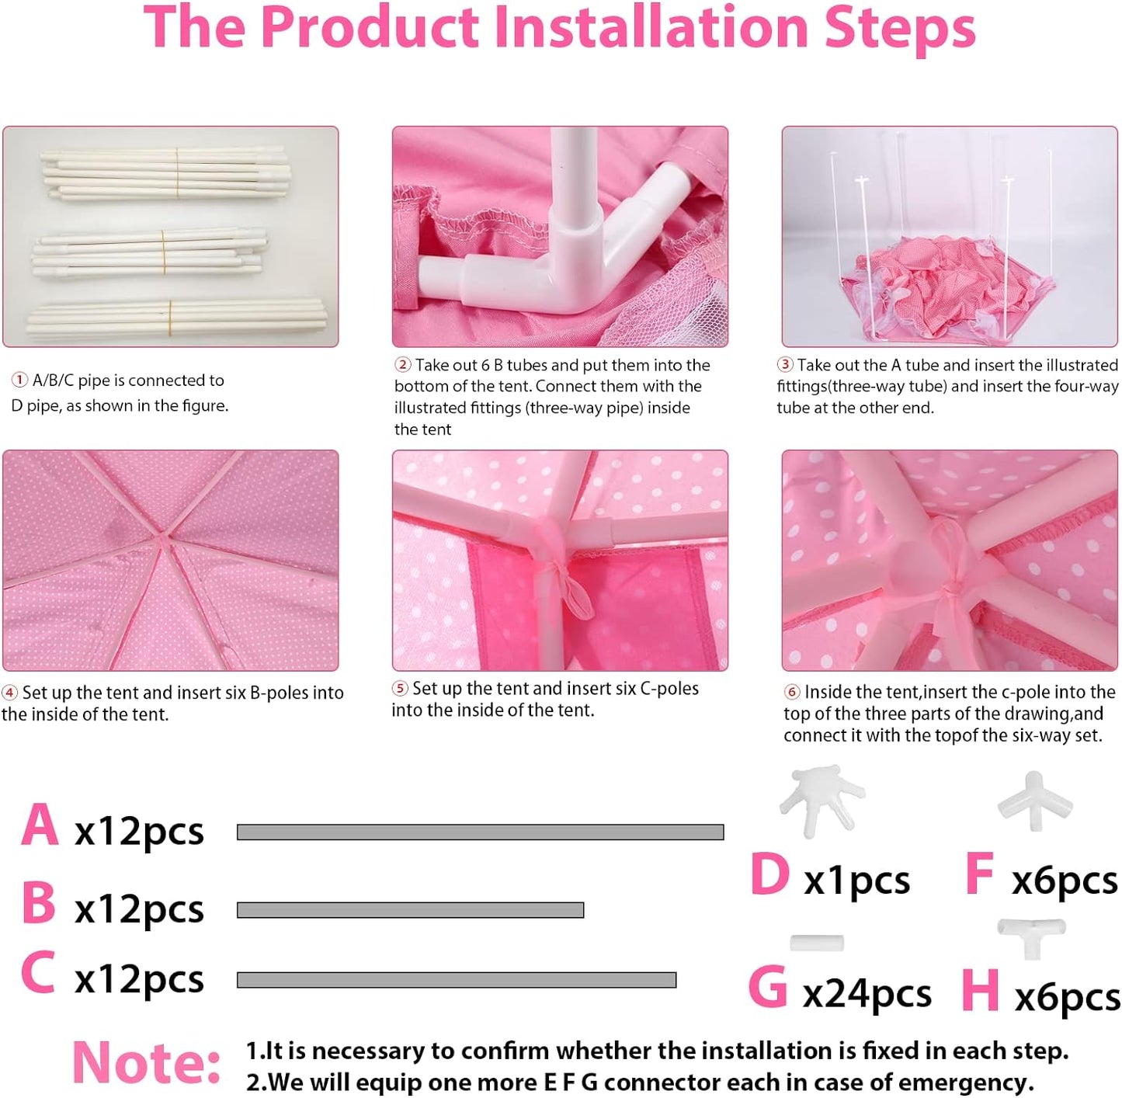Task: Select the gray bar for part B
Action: point(410,910)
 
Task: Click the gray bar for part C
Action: point(456,980)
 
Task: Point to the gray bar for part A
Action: point(481,832)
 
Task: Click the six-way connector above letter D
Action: point(822,801)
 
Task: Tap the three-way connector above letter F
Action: point(1035,801)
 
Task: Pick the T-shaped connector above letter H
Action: point(1031,938)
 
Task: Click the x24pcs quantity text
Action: point(867,994)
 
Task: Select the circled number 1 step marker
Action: point(19,380)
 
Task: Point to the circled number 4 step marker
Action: point(10,692)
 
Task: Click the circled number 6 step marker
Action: point(792,691)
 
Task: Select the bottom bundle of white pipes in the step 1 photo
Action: point(175,317)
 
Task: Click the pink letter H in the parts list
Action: point(980,990)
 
